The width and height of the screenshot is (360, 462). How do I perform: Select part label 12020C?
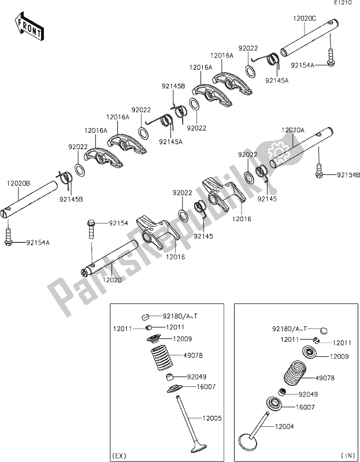click(x=305, y=18)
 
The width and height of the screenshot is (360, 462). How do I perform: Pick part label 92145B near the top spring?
click(x=173, y=86)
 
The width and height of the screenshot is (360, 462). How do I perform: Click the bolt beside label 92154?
click(x=91, y=228)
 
